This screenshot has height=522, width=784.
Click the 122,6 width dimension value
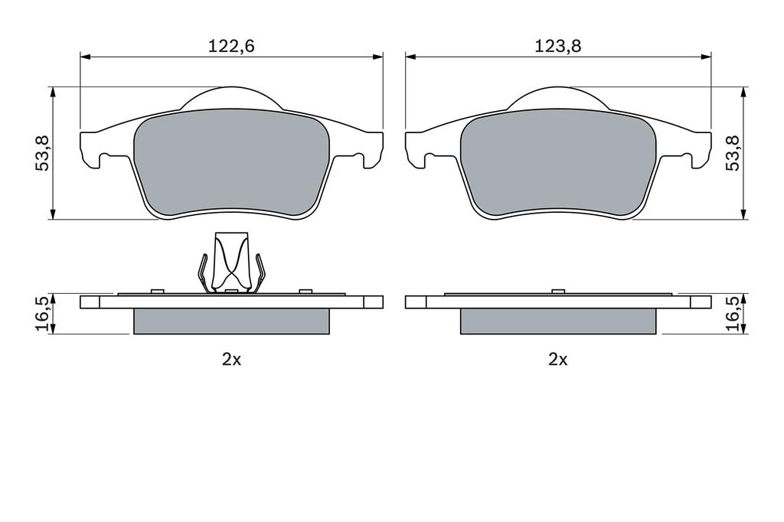coord(231,46)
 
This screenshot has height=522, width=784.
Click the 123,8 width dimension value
coord(558,46)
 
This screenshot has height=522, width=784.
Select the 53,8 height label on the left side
coord(41,152)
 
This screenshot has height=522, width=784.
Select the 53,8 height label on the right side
coord(733,152)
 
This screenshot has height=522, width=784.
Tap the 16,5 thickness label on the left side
coord(41,314)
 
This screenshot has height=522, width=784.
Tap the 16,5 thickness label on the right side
coord(733,314)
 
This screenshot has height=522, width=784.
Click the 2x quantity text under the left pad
coord(231,360)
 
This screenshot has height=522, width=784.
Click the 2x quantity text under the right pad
coord(558,360)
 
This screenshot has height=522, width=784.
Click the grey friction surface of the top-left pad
coord(231,162)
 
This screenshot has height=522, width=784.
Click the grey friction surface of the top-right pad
coord(558,162)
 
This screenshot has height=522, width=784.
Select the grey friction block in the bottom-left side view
coord(231,321)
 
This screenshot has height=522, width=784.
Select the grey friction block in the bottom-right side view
coord(558,321)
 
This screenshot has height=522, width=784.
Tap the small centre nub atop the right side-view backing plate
coord(558,291)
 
